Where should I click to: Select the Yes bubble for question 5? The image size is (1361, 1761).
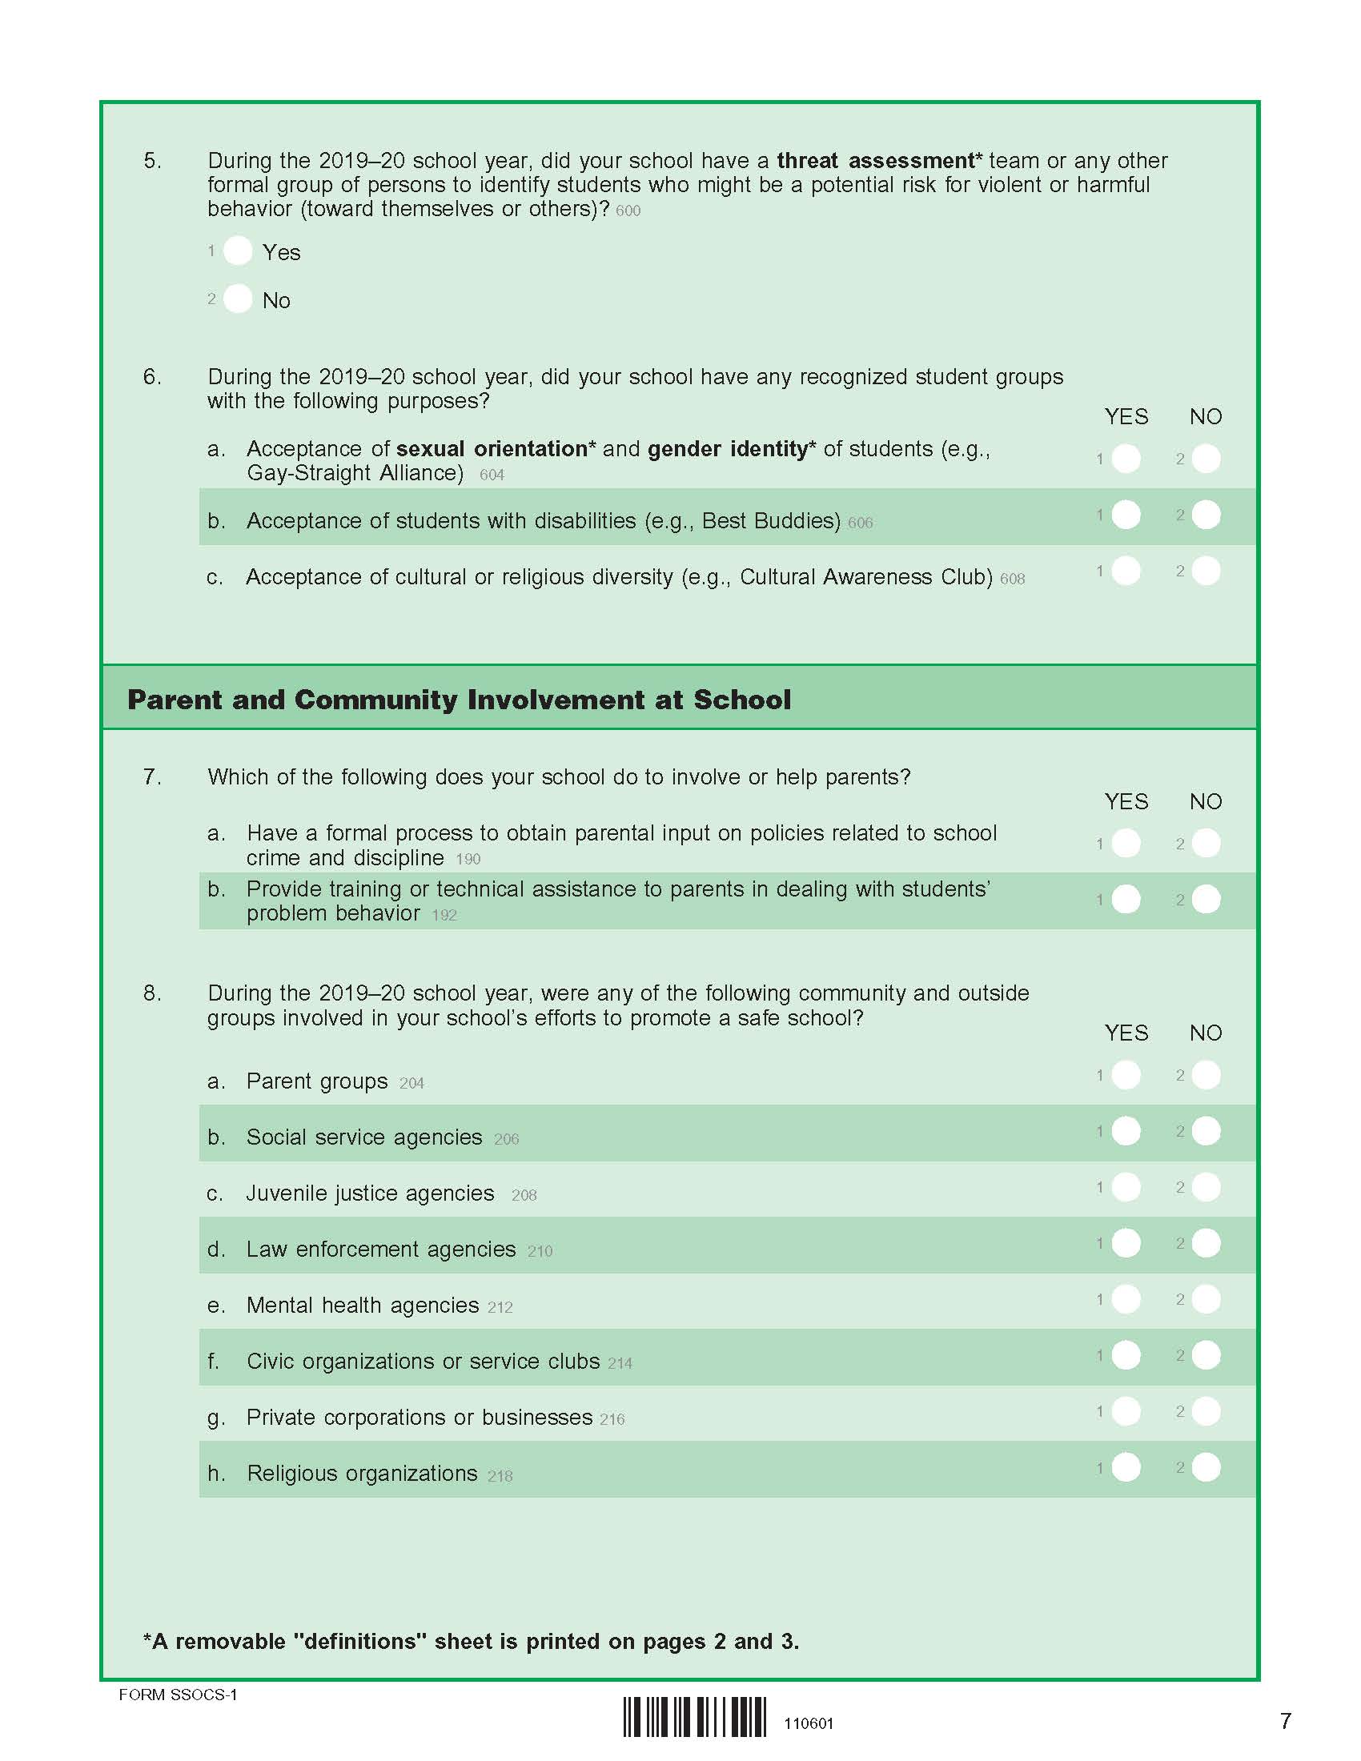point(238,251)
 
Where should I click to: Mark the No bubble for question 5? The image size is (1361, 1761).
point(238,299)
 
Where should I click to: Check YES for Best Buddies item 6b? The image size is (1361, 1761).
point(1126,515)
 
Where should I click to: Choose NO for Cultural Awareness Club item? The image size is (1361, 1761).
point(1206,571)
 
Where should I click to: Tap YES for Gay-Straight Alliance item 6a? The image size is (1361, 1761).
point(1126,459)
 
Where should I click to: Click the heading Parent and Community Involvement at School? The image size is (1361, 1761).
point(459,699)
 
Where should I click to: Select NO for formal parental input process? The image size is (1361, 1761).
point(1206,844)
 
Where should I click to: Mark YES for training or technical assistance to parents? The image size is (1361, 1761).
point(1126,899)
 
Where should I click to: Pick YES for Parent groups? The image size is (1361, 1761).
point(1126,1075)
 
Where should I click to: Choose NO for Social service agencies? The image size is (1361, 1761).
point(1206,1131)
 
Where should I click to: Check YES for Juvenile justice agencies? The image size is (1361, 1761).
point(1126,1187)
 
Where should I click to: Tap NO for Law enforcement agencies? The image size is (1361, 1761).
point(1206,1243)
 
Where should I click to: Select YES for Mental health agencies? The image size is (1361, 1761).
point(1126,1299)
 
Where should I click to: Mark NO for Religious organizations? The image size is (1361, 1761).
point(1206,1467)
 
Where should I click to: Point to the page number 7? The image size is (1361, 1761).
point(1285,1720)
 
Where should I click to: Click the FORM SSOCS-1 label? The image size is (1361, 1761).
point(179,1694)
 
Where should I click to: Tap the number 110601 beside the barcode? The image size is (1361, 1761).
point(809,1723)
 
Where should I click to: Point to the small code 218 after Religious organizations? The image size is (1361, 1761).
point(500,1475)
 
